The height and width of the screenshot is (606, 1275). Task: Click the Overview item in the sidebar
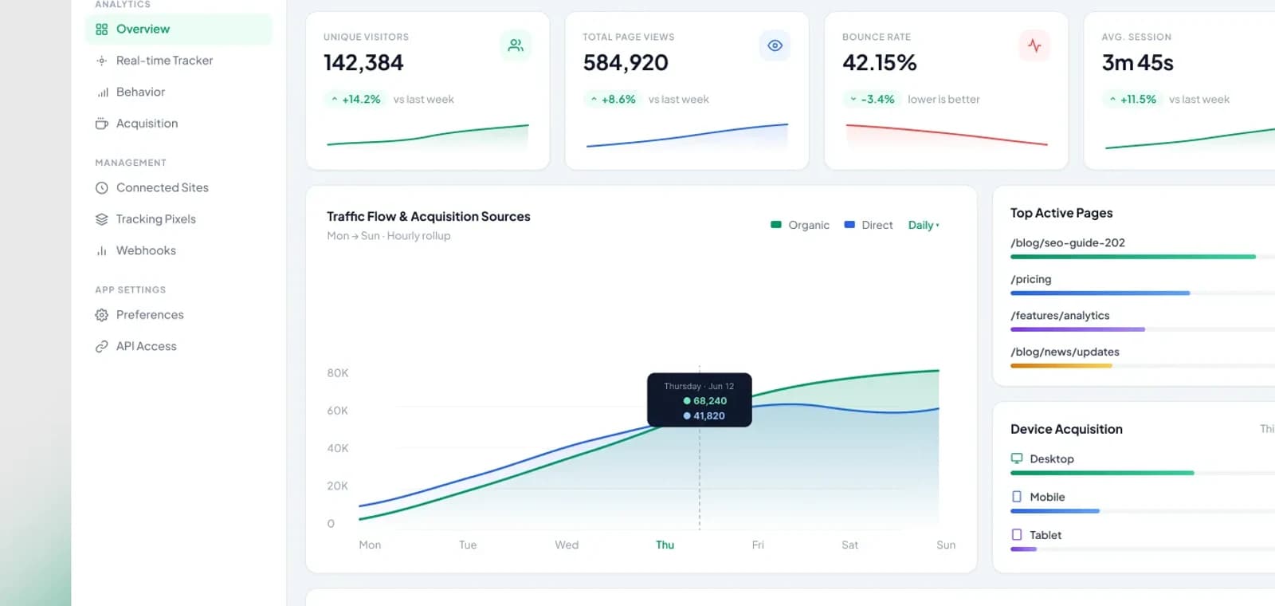[x=143, y=29]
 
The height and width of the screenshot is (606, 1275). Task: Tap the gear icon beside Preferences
[x=102, y=315]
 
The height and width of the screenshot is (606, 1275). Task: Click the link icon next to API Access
[x=102, y=346]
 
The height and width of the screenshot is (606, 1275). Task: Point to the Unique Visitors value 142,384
[x=363, y=63]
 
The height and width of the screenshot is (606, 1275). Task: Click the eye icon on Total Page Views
[x=775, y=45]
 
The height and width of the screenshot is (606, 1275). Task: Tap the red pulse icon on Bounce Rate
[x=1034, y=45]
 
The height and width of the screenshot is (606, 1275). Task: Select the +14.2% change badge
[x=355, y=99]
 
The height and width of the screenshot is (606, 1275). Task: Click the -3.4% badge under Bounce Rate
[x=872, y=99]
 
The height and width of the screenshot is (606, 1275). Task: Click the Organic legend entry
[x=800, y=225]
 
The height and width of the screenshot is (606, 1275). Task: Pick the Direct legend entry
[x=868, y=225]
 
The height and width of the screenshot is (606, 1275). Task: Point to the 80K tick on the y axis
[x=338, y=373]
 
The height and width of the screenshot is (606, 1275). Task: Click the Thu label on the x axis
[x=665, y=545]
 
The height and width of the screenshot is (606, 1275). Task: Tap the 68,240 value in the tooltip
[x=710, y=401]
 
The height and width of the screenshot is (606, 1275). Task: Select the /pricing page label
[x=1031, y=280]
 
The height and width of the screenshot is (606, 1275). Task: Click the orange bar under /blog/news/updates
[x=1061, y=366]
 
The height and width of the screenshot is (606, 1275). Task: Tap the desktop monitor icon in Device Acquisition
[x=1017, y=458]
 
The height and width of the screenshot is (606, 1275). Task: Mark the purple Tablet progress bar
[x=1023, y=549]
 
